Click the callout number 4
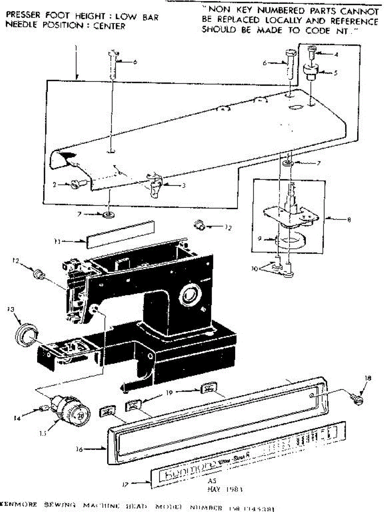(x=336, y=54)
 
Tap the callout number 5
(x=336, y=73)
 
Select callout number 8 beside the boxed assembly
(x=349, y=221)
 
